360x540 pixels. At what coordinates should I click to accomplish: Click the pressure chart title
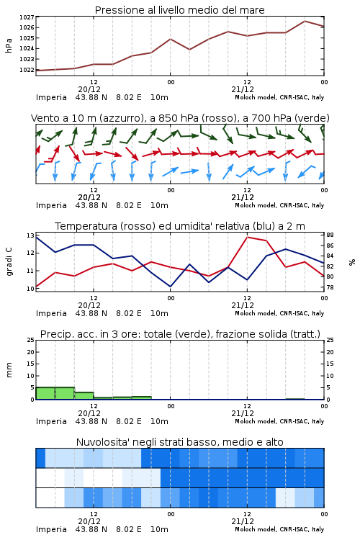click(x=179, y=10)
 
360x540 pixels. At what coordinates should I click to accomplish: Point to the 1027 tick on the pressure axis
click(x=27, y=17)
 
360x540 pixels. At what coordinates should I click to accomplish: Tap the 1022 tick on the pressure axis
click(x=27, y=70)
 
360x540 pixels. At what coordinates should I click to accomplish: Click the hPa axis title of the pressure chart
click(x=9, y=45)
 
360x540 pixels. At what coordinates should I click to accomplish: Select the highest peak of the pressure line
click(x=305, y=21)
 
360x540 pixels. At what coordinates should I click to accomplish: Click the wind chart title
click(x=180, y=118)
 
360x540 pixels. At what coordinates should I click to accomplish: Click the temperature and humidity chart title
click(x=180, y=226)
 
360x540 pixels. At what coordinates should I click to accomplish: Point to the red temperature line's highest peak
click(x=248, y=237)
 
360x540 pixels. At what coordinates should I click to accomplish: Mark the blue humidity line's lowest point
click(x=170, y=287)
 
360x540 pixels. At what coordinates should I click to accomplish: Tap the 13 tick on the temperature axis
click(x=30, y=235)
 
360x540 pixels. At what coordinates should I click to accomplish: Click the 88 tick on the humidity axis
click(x=330, y=235)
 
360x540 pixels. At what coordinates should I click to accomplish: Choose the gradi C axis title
click(x=9, y=261)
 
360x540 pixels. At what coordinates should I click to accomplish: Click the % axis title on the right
click(x=352, y=262)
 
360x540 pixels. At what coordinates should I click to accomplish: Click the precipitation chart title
click(x=180, y=334)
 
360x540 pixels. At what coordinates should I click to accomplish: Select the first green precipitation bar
click(x=45, y=393)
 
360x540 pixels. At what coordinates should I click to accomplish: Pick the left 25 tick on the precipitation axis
click(x=30, y=340)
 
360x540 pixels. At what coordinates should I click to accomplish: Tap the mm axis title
click(x=9, y=369)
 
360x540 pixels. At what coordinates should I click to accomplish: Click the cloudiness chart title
click(x=180, y=442)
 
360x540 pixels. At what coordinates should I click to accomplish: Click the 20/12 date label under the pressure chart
click(x=89, y=89)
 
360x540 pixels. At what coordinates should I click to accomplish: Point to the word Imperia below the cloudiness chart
click(x=51, y=529)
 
